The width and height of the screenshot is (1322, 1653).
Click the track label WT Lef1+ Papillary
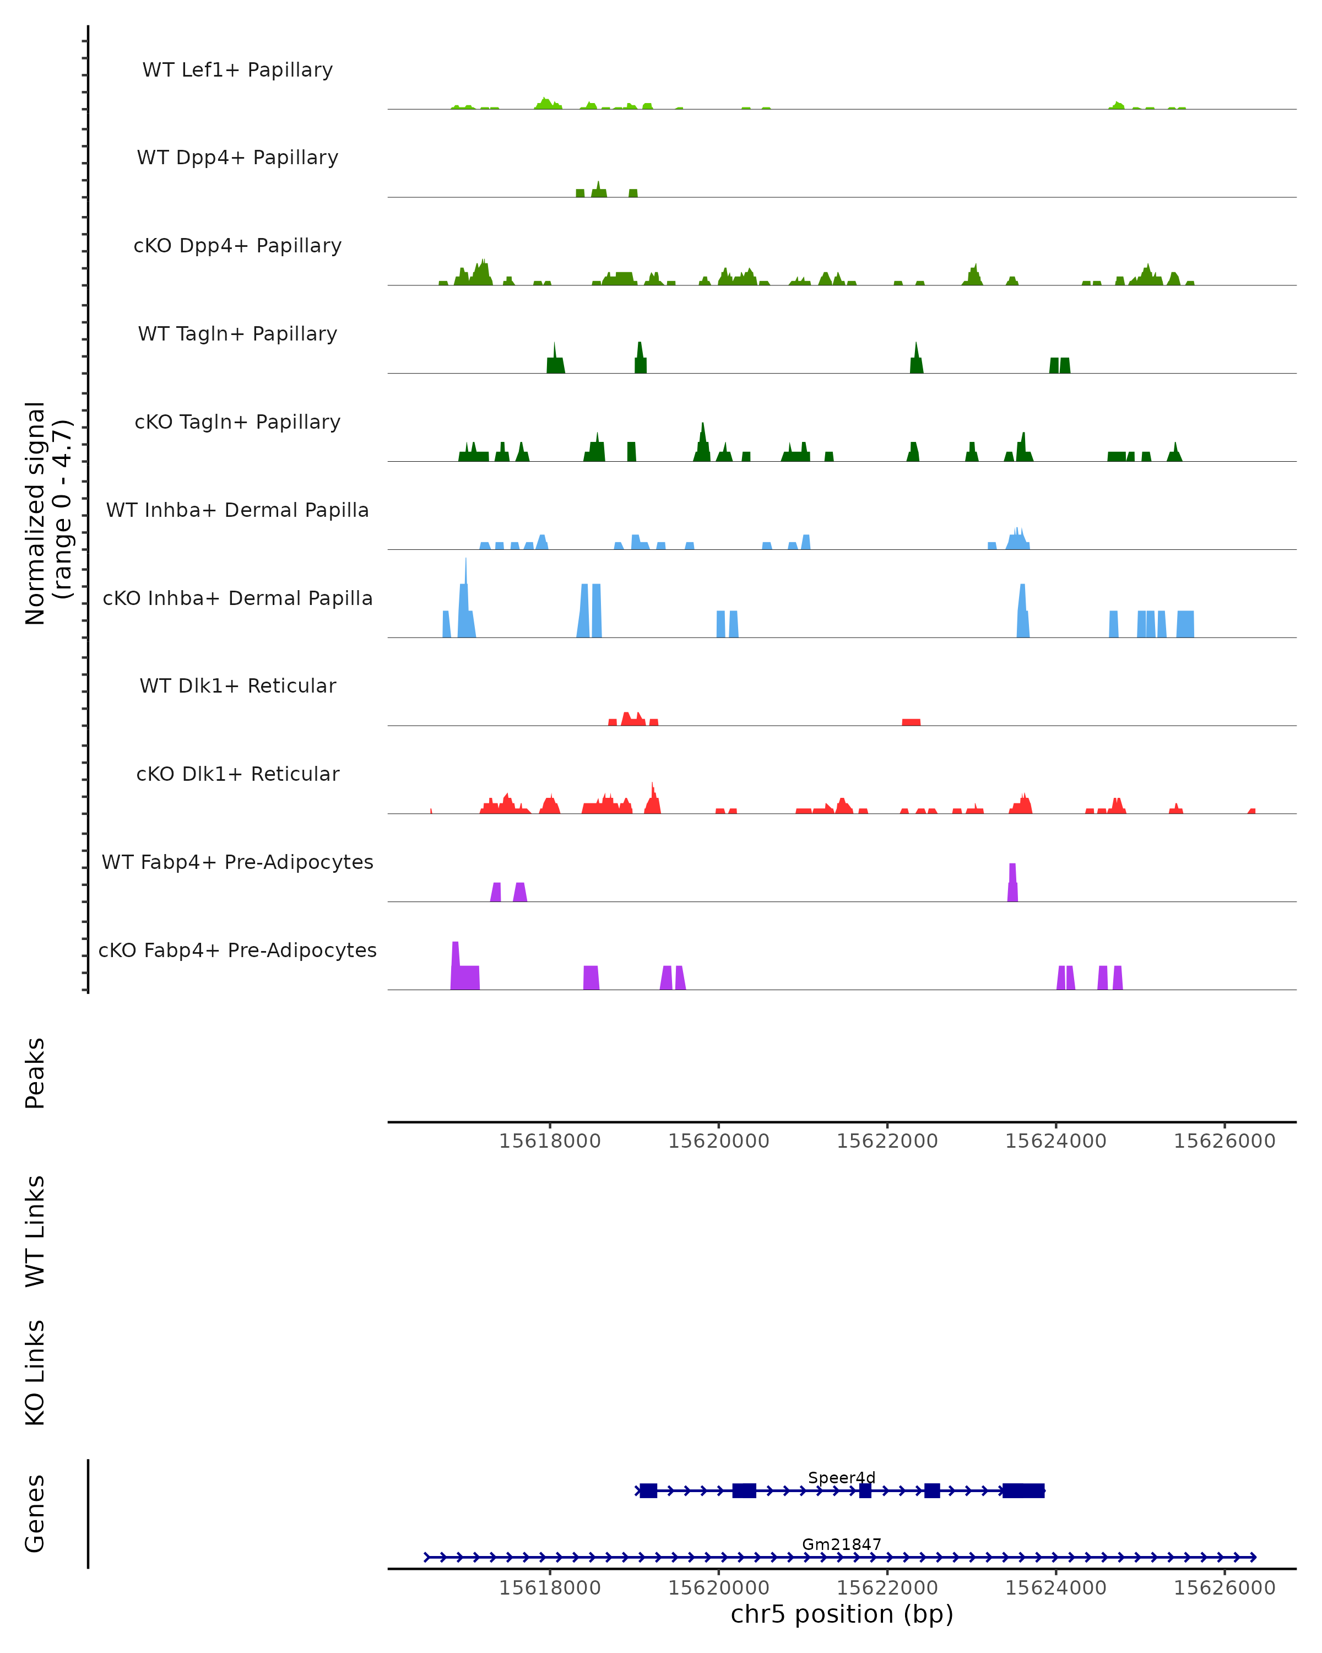pos(237,70)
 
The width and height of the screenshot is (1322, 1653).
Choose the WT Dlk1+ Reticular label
pos(237,685)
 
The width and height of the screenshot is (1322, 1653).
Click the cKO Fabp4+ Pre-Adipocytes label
pos(237,950)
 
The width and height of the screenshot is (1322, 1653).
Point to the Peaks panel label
pos(35,1073)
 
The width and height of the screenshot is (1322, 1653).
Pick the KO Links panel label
pos(35,1373)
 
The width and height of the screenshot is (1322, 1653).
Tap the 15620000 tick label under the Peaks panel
pos(718,1141)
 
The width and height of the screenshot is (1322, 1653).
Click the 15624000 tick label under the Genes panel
pos(1055,1588)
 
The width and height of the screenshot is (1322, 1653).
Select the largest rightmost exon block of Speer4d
pos(1023,1490)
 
